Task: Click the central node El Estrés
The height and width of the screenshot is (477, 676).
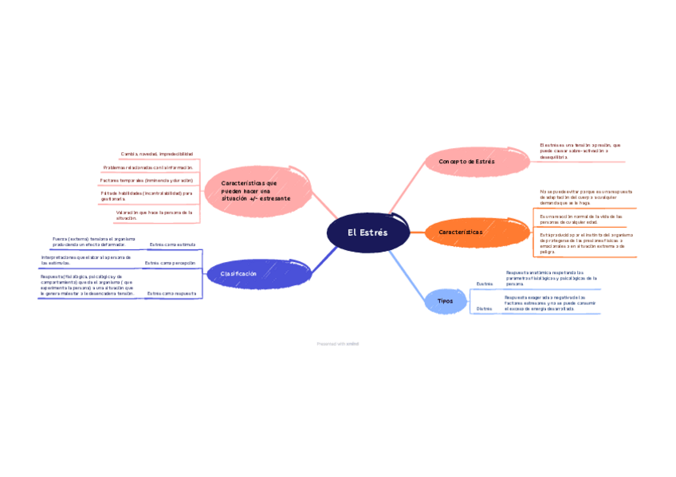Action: click(x=367, y=233)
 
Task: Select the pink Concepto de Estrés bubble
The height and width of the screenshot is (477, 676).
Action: click(x=467, y=162)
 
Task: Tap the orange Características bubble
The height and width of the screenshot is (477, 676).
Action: click(x=461, y=232)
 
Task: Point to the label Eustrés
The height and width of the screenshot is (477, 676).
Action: click(x=484, y=283)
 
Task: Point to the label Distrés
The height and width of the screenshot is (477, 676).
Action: click(x=484, y=308)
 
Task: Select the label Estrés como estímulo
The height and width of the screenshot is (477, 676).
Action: click(x=172, y=244)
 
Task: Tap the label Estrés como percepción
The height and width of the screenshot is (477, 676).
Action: click(x=170, y=262)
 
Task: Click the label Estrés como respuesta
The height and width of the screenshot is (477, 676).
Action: click(x=171, y=294)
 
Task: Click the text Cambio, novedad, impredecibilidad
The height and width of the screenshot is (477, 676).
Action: click(x=157, y=154)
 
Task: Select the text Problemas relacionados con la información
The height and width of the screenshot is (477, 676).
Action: click(x=148, y=168)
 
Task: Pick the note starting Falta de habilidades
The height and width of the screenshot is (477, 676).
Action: click(x=147, y=196)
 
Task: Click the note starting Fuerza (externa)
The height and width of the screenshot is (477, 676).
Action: click(x=94, y=241)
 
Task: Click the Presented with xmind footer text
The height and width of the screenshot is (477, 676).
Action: click(x=337, y=344)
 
